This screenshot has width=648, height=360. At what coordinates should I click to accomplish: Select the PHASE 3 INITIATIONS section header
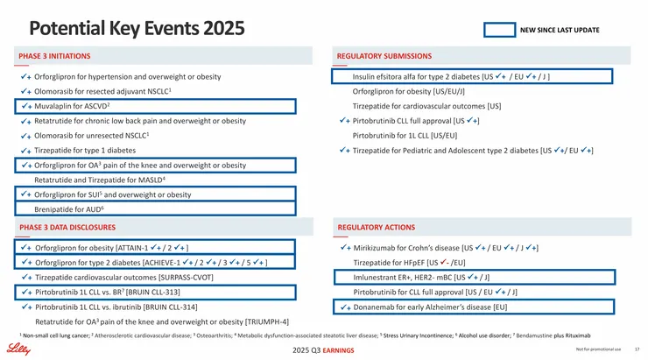[x=54, y=56]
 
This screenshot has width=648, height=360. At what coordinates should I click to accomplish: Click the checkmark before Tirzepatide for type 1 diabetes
[x=26, y=151]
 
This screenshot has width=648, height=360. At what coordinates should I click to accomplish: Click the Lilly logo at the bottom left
[x=18, y=349]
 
